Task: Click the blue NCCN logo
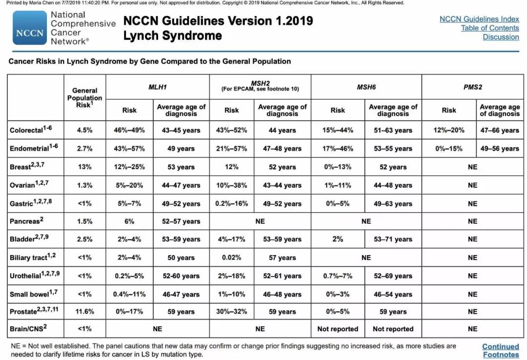[x=30, y=28]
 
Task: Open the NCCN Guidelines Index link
[x=479, y=19]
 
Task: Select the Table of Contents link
[x=490, y=28]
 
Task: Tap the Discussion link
[x=501, y=37]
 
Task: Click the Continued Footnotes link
[x=501, y=350]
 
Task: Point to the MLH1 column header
[x=157, y=87]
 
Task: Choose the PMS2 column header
[x=472, y=87]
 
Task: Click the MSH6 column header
[x=366, y=87]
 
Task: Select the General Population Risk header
[x=84, y=97]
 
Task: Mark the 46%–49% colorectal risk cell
[x=129, y=130]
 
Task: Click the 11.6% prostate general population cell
[x=84, y=311]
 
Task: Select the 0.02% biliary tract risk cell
[x=232, y=258]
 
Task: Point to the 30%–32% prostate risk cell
[x=232, y=311]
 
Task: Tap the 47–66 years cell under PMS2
[x=500, y=130]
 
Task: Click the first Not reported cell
[x=338, y=329]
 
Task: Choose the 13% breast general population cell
[x=84, y=167]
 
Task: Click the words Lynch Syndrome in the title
[x=172, y=36]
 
